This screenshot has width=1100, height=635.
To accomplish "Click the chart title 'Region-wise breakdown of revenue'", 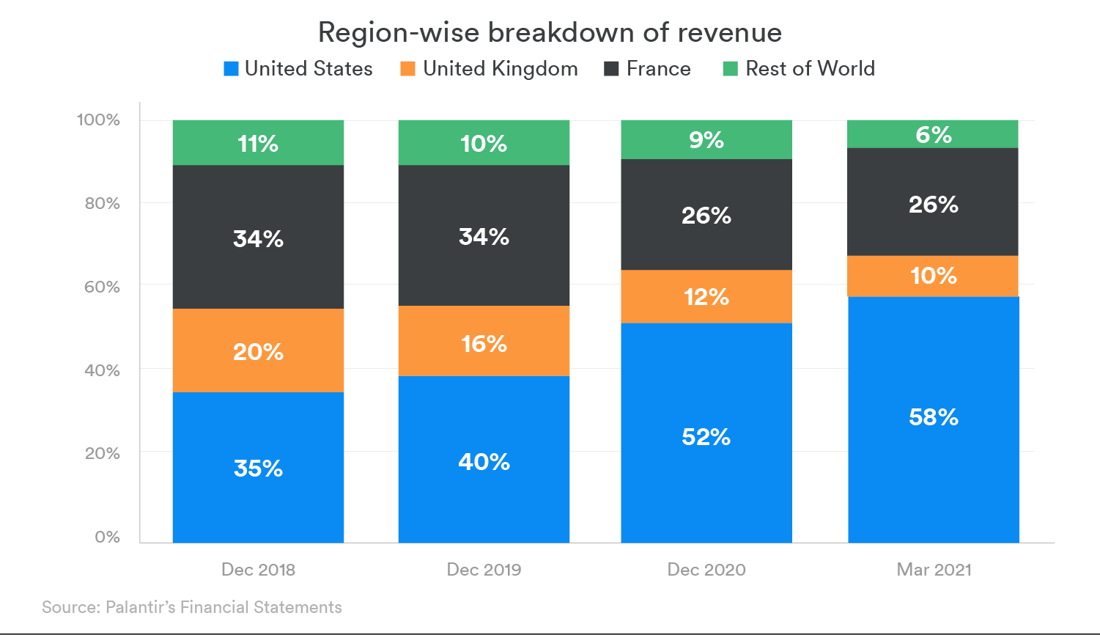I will click(x=550, y=32).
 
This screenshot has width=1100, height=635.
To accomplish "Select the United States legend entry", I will click(x=298, y=69).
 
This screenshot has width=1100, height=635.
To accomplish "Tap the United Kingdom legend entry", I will click(x=490, y=69).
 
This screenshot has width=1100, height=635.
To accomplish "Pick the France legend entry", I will click(x=648, y=69).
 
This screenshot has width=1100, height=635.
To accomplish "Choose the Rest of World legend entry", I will click(x=800, y=69).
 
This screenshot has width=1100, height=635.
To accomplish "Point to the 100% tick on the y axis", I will click(x=98, y=120).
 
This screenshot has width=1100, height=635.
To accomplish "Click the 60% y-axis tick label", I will click(x=102, y=287).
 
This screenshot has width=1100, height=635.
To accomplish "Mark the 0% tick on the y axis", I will click(x=107, y=537).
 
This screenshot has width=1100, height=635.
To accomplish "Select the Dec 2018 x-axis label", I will click(x=258, y=570).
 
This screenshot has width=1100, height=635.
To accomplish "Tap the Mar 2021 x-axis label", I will click(x=934, y=570).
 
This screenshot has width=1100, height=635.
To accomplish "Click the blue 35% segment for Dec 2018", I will click(x=258, y=468).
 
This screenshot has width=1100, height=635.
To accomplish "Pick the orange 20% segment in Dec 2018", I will click(x=258, y=350).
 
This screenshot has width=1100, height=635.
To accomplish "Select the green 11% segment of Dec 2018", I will click(x=258, y=142).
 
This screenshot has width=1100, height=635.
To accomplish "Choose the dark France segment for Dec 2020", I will click(x=706, y=215).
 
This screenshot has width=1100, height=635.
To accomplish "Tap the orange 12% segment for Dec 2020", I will click(x=706, y=296).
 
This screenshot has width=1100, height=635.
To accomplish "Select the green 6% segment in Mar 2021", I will click(x=934, y=134).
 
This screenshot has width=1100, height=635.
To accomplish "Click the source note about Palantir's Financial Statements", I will click(x=192, y=607).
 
